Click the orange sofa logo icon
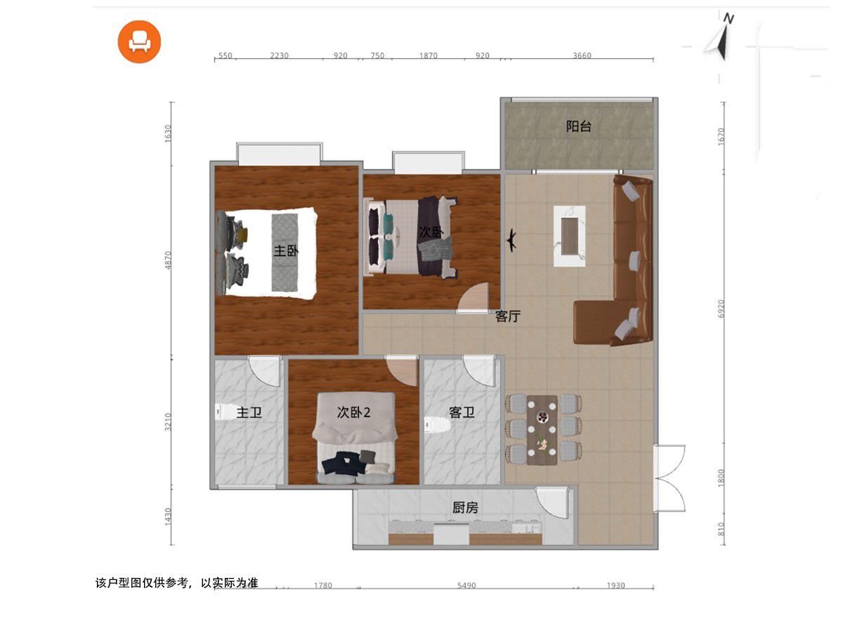coord(139,41)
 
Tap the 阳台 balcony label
coord(578,126)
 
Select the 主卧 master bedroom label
coord(286,251)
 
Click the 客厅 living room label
coord(508,316)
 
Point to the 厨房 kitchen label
coord(465,508)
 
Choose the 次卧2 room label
coord(354,412)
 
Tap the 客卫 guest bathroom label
coord(462,412)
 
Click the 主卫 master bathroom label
coord(249,413)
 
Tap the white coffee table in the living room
coord(569,236)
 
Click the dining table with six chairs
coord(542,430)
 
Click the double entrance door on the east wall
coord(669,478)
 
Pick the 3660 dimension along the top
coord(582,55)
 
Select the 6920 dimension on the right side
coord(721,308)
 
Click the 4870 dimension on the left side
coord(168,261)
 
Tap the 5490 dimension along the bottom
coord(466,586)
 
